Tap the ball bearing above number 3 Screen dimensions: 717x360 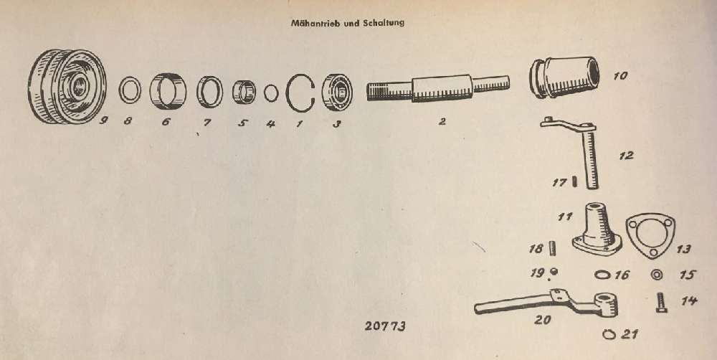coord(338,93)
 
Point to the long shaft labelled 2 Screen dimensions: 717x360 coord(437,88)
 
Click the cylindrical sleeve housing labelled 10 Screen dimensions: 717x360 coord(564,77)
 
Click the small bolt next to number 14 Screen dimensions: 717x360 coord(661,303)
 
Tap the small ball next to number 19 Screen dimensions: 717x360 coord(555,272)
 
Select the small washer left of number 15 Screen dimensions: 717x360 coord(657,275)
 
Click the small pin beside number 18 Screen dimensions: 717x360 coord(554,250)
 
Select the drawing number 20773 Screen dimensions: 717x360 coord(385,326)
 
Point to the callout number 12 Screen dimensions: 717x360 coord(625,156)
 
